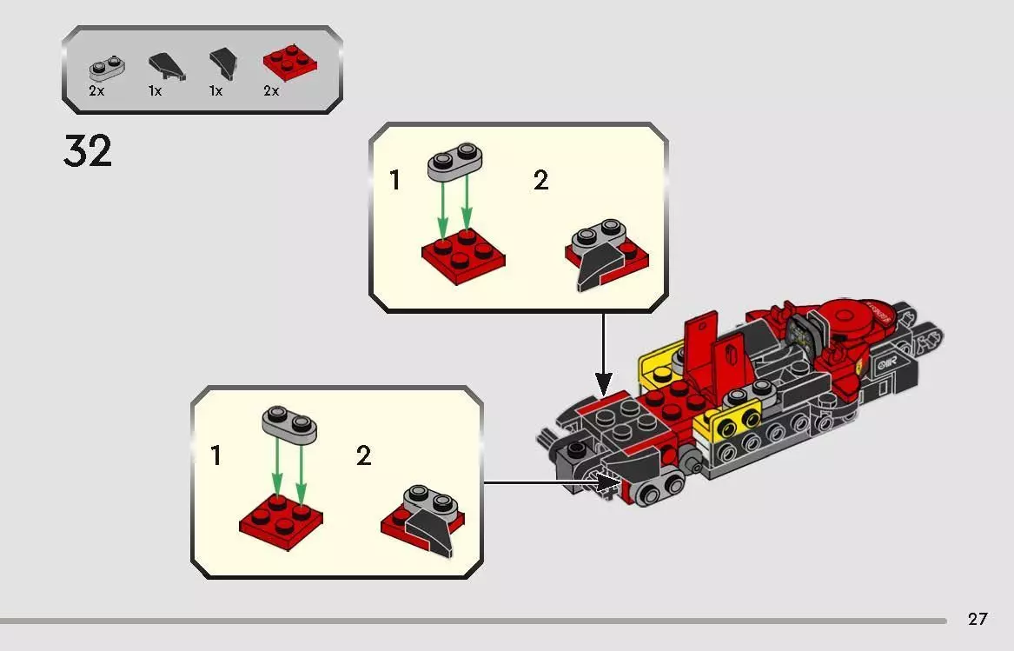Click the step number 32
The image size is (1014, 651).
[88, 151]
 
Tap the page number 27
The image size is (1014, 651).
[978, 619]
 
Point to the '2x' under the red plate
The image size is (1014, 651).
[271, 90]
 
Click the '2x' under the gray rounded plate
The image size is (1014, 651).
[96, 90]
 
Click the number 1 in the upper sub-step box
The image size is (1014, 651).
[395, 181]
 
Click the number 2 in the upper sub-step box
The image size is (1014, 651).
[540, 181]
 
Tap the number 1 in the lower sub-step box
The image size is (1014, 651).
[215, 455]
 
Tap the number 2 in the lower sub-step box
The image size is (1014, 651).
[363, 455]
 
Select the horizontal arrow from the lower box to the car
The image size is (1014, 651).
[547, 481]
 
